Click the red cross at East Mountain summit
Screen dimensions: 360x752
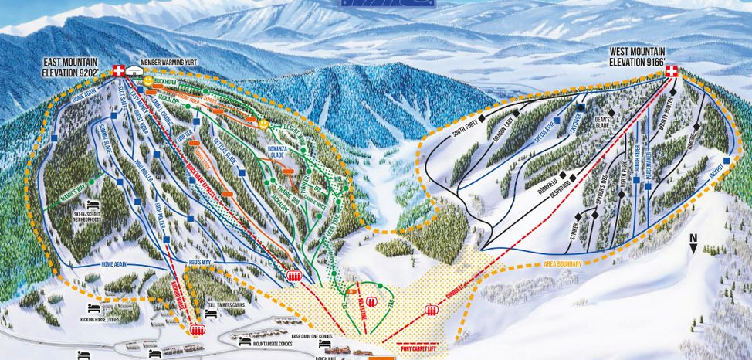119,70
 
